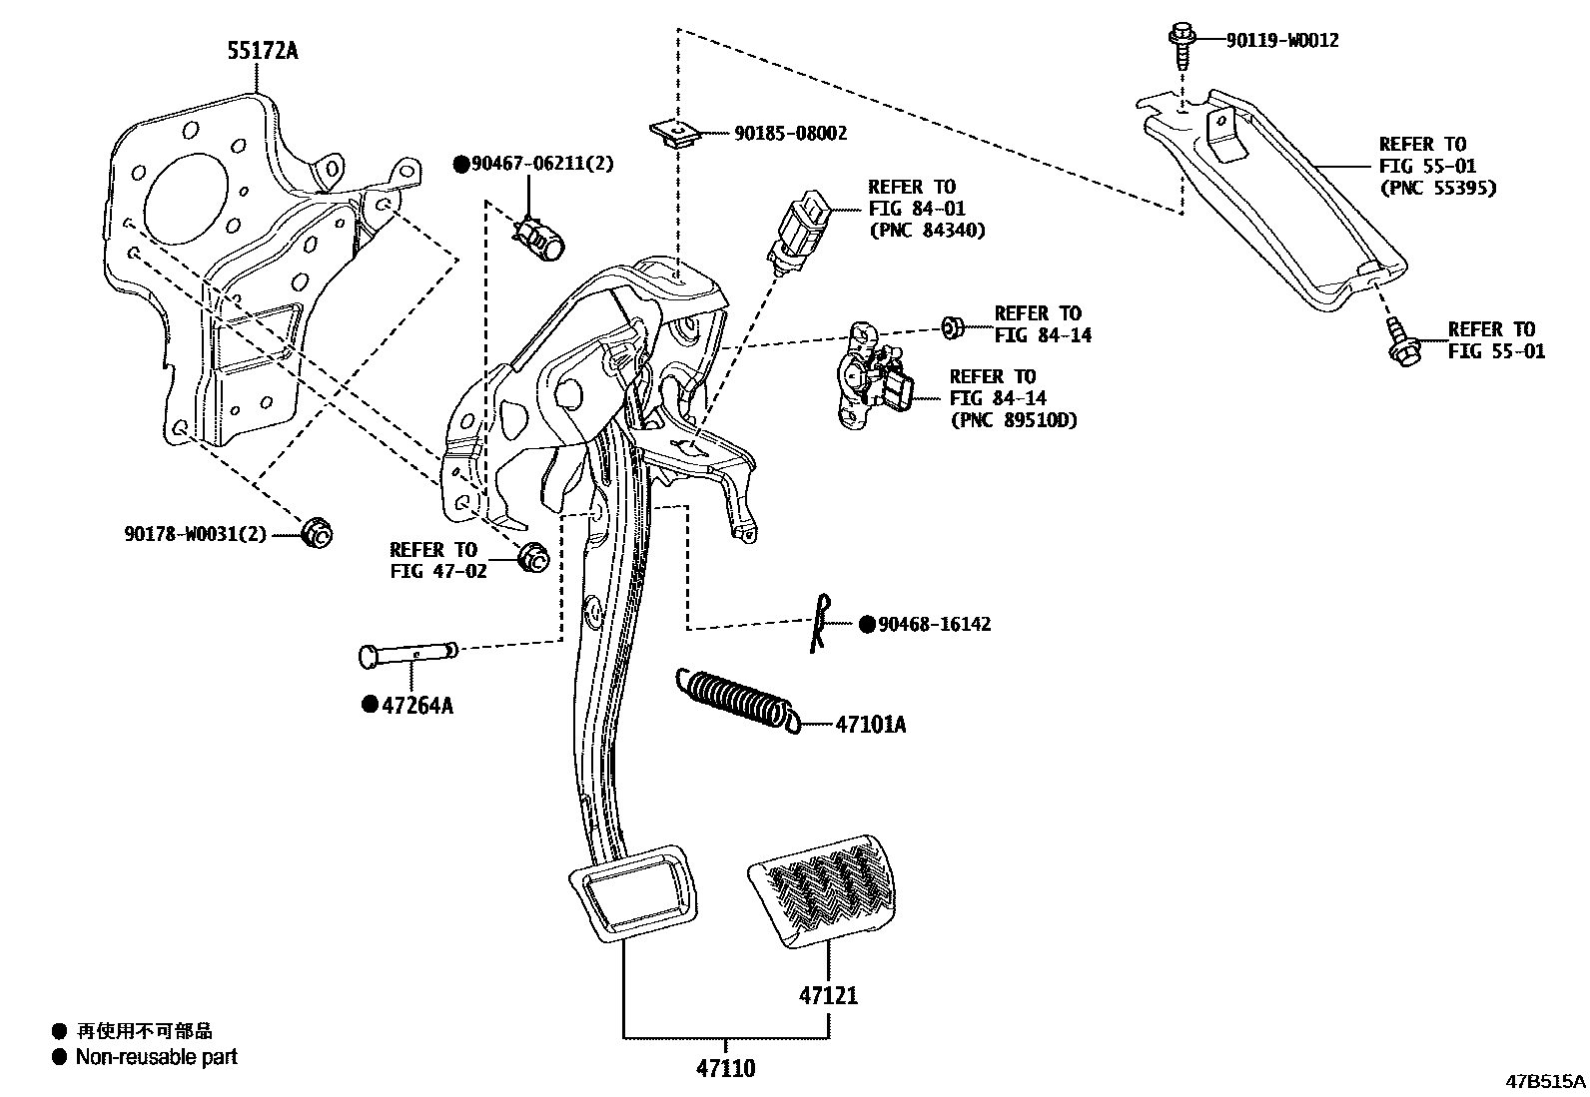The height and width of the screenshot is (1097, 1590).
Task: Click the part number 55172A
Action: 263,50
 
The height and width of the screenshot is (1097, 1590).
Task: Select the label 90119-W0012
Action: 1282,40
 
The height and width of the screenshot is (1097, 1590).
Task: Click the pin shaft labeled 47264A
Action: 407,655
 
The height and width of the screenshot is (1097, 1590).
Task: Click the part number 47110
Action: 726,1068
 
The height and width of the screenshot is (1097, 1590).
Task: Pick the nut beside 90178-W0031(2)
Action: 317,533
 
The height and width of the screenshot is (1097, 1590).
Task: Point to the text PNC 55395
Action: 1437,188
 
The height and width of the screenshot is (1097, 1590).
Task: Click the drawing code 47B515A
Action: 1545,1081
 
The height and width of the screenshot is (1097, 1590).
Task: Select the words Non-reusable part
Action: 157,1056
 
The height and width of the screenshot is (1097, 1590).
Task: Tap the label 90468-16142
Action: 935,624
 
